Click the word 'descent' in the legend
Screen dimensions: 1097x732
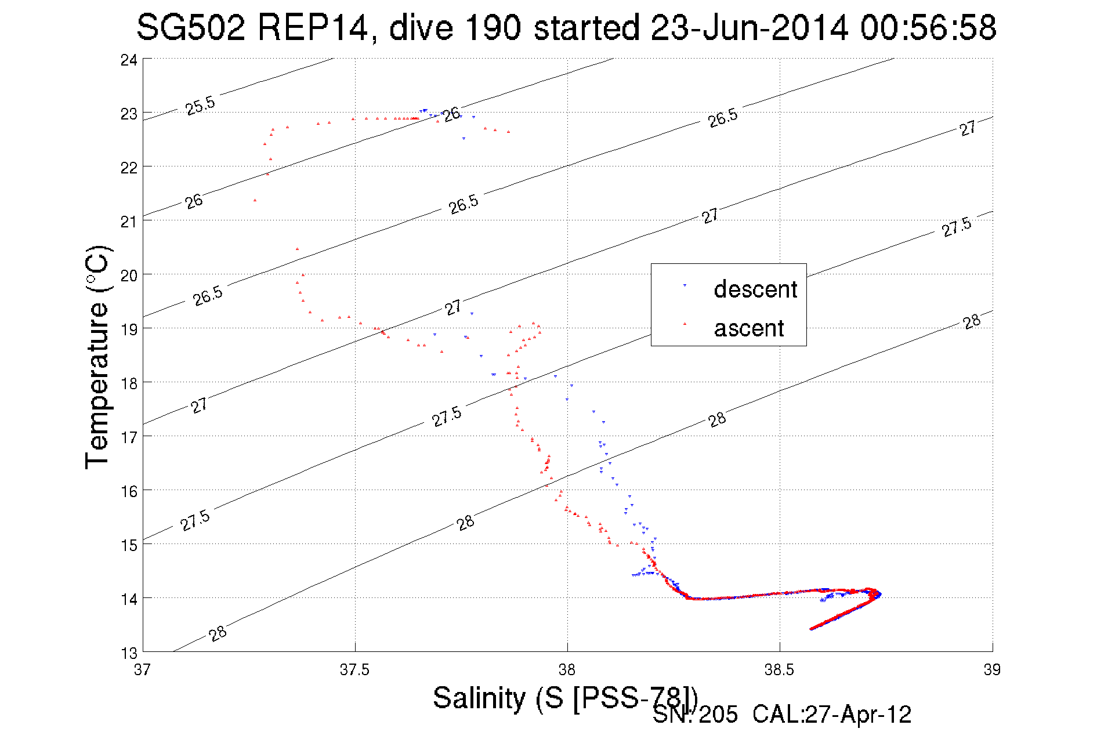tap(755, 289)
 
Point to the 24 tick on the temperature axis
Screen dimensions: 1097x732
tap(129, 60)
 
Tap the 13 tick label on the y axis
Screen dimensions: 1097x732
tap(129, 653)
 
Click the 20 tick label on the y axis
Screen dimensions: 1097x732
tap(129, 276)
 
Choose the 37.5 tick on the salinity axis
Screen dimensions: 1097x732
tap(354, 670)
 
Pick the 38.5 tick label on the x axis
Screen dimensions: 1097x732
tap(779, 670)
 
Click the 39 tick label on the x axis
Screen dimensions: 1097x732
tap(992, 670)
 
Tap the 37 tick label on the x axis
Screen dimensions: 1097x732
tap(142, 670)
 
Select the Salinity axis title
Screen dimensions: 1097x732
tap(565, 698)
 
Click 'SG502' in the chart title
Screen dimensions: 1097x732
tap(191, 27)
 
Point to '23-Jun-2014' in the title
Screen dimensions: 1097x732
tap(750, 27)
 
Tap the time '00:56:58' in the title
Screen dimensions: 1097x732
tap(928, 27)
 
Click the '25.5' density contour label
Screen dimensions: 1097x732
tap(200, 106)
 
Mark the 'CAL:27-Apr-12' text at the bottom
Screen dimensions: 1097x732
tap(832, 715)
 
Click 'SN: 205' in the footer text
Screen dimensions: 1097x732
tap(696, 715)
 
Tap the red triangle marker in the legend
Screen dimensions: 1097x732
tap(685, 324)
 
